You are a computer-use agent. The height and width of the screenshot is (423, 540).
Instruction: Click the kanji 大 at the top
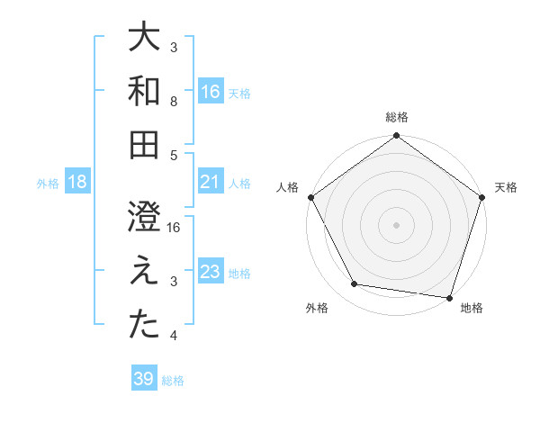pos(144,38)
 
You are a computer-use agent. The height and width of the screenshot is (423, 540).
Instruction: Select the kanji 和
pos(144,91)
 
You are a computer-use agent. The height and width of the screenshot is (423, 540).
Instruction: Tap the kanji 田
pos(144,144)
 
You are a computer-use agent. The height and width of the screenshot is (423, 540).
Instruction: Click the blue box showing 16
pos(211,91)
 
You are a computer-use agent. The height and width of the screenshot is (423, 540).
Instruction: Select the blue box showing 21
pos(211,182)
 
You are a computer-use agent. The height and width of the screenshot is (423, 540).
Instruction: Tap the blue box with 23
pos(211,272)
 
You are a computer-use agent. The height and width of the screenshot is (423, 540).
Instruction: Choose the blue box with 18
pos(77,182)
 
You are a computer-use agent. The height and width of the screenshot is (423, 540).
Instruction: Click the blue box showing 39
pos(144,379)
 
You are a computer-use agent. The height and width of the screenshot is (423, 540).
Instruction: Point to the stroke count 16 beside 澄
pos(175,228)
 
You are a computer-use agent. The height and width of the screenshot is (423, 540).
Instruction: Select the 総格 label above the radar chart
pos(396,117)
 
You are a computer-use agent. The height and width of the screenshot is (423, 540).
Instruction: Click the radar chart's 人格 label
pos(289,188)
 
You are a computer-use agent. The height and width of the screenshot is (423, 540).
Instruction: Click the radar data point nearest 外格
pos(355,284)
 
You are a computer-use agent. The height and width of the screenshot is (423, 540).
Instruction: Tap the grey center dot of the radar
pos(396,224)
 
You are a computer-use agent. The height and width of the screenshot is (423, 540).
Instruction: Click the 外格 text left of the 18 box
pos(48,183)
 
